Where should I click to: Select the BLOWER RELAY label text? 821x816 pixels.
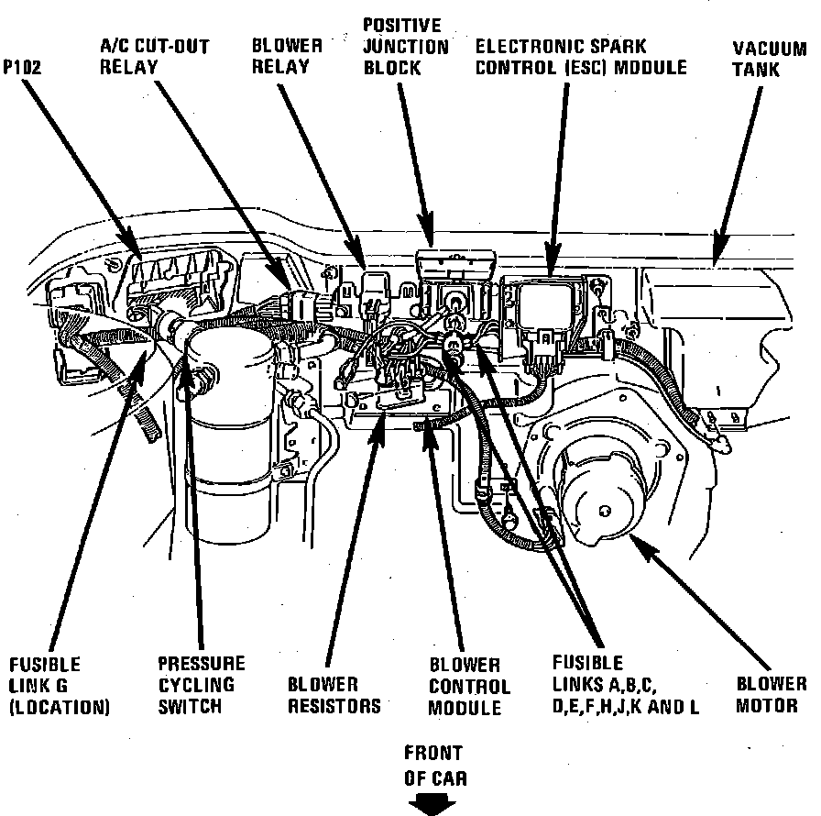pyautogui.click(x=287, y=55)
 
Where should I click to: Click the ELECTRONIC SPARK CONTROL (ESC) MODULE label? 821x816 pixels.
pyautogui.click(x=580, y=56)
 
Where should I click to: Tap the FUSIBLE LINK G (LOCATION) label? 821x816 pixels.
pyautogui.click(x=59, y=685)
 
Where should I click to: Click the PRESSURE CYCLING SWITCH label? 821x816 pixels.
pyautogui.click(x=202, y=684)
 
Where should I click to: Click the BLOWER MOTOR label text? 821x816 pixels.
pyautogui.click(x=772, y=695)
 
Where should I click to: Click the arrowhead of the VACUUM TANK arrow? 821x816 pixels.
pyautogui.click(x=719, y=258)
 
